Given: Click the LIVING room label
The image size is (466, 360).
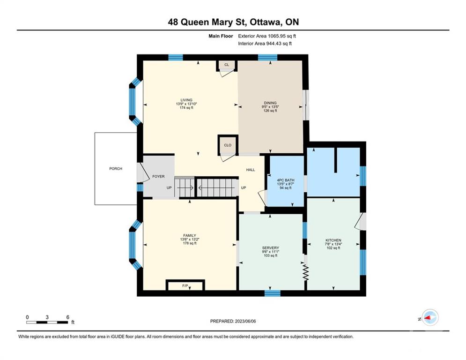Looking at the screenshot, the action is pyautogui.click(x=186, y=100).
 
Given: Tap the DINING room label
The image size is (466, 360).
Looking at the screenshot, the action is pyautogui.click(x=270, y=103).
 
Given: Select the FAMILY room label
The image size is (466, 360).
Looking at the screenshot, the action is pyautogui.click(x=190, y=236).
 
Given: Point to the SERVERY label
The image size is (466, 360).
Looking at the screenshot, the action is pyautogui.click(x=270, y=248).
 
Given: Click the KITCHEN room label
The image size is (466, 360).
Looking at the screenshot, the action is pyautogui.click(x=333, y=240).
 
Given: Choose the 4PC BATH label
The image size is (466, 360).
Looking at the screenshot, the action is pyautogui.click(x=286, y=180).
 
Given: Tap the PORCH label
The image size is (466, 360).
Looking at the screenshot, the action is pyautogui.click(x=116, y=169).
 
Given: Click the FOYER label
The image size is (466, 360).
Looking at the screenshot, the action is pyautogui.click(x=158, y=176).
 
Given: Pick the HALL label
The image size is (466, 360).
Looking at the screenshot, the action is pyautogui.click(x=251, y=170).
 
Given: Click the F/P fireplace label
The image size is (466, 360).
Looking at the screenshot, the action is pyautogui.click(x=185, y=286).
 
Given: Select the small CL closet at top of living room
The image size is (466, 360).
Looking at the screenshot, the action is pyautogui.click(x=227, y=65).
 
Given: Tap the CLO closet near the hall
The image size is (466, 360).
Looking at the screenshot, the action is pyautogui.click(x=228, y=145).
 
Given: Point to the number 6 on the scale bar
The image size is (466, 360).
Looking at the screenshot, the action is pyautogui.click(x=68, y=317).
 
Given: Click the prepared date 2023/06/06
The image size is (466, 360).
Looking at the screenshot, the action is pyautogui.click(x=245, y=321).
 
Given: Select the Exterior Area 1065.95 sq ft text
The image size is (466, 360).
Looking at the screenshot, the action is pyautogui.click(x=267, y=36).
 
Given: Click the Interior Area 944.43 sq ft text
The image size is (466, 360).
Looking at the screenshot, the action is pyautogui.click(x=265, y=44).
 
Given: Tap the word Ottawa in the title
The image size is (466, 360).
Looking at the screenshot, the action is pyautogui.click(x=266, y=22).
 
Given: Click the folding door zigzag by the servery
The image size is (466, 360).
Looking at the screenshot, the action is pyautogui.click(x=306, y=272).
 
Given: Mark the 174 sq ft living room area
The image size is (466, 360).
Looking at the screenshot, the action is pyautogui.click(x=186, y=108).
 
